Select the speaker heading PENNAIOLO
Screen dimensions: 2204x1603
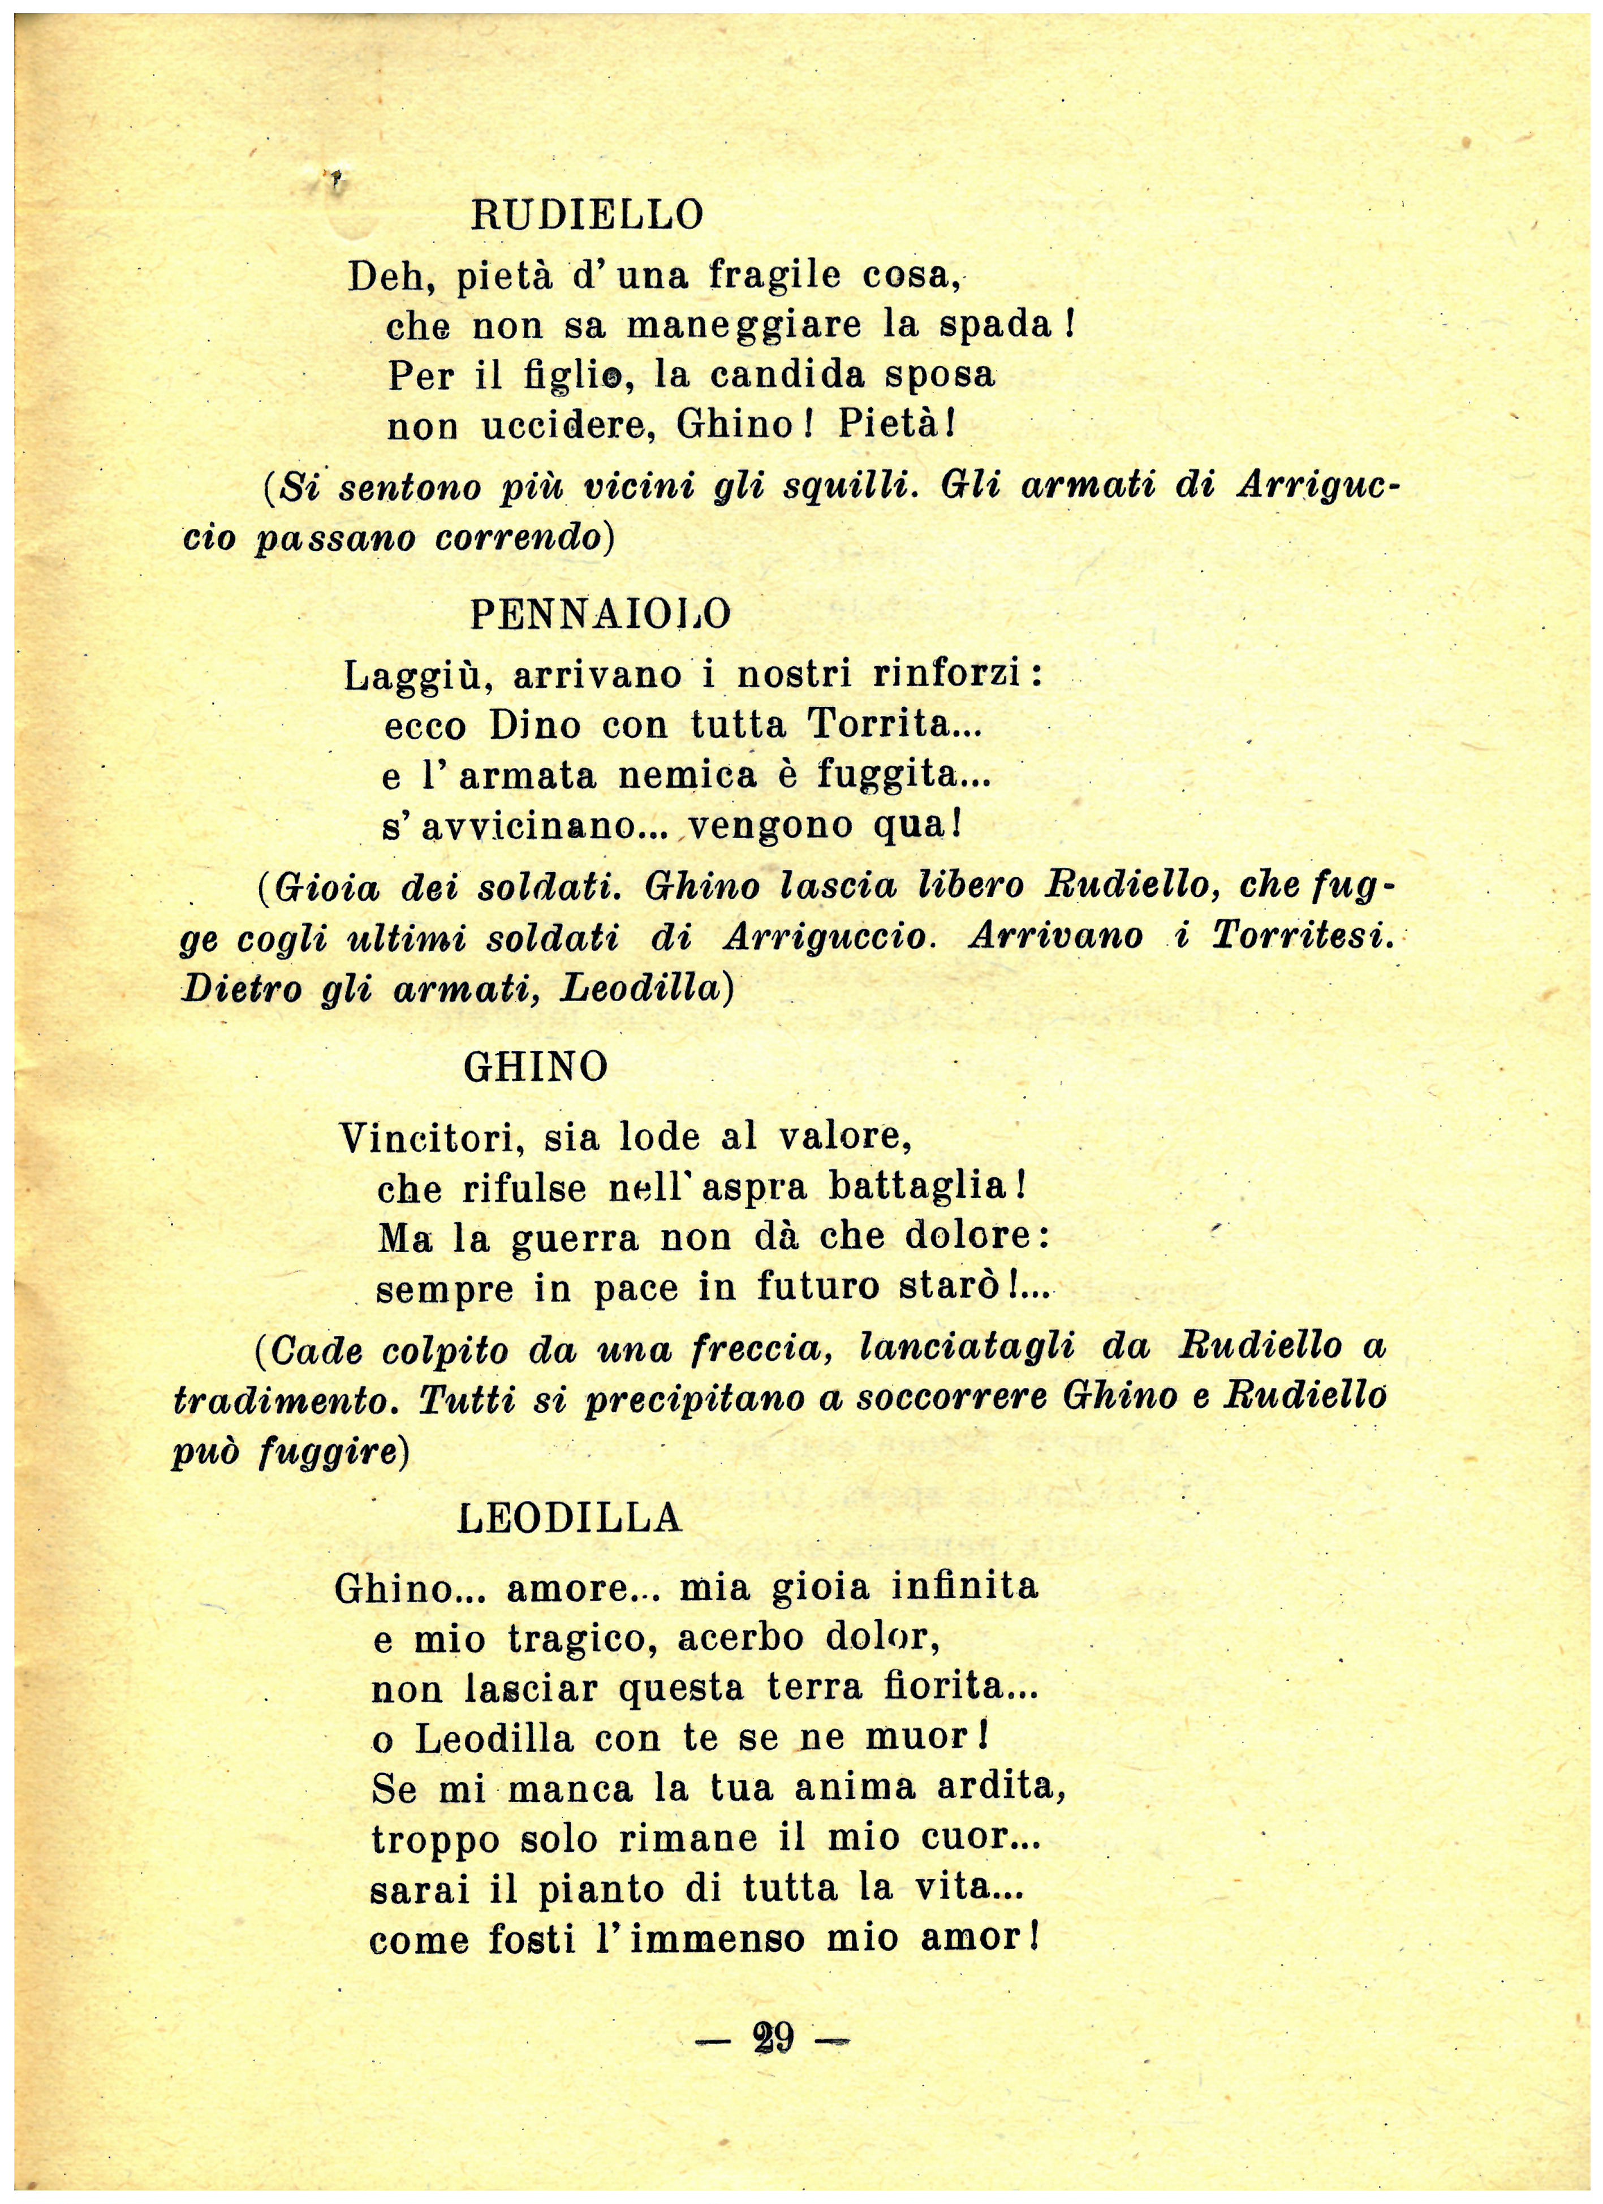click(600, 615)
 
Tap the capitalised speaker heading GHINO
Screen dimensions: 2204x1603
click(536, 1068)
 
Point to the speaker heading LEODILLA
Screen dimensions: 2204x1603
click(570, 1518)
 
